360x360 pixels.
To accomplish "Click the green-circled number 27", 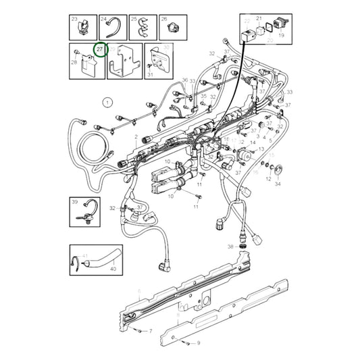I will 100,50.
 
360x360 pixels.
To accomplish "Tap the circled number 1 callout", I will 106,103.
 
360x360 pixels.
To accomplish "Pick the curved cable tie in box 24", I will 115,28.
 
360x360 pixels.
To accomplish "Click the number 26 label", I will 163,19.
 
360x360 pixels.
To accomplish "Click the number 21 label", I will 258,19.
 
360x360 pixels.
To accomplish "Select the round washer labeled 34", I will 278,168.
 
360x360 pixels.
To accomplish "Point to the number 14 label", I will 253,143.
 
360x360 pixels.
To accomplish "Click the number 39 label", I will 75,202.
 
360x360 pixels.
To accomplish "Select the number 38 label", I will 230,247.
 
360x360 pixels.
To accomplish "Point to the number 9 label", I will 199,344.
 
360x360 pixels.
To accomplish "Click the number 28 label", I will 74,63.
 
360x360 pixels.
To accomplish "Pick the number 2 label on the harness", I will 136,137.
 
